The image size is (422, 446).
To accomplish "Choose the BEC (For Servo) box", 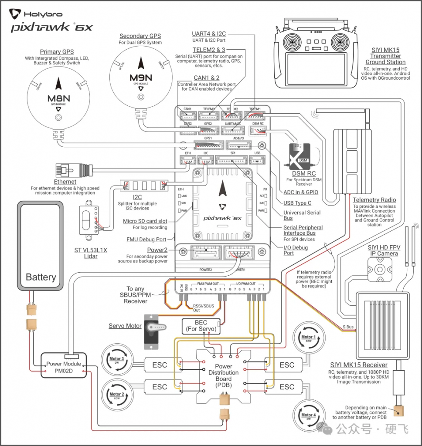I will click(201, 326).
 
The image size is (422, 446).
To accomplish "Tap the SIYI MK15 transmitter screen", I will click(317, 68).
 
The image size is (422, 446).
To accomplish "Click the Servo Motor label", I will click(125, 326).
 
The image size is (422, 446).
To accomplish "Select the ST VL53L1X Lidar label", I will click(92, 253).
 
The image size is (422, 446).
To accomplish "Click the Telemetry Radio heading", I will click(374, 200).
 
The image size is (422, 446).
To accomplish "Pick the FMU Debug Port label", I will click(146, 239).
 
